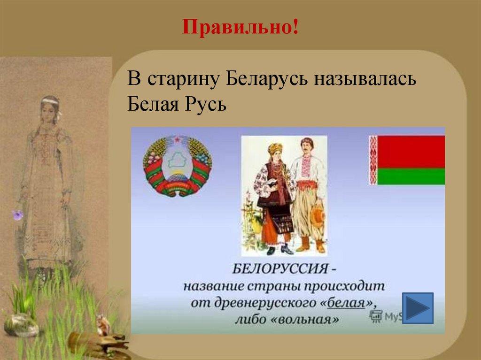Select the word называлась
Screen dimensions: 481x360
coord(365,79)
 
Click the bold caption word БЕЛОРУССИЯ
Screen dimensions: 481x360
coord(280,269)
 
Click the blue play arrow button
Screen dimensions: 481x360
coord(418,308)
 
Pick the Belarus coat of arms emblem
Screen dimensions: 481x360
coord(177,166)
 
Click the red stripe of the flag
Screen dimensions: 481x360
coord(411,152)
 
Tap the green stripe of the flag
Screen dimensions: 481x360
coord(411,176)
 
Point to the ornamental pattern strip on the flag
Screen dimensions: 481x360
coord(372,160)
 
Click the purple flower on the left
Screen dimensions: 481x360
coord(17,214)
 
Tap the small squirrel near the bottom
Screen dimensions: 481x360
coord(102,325)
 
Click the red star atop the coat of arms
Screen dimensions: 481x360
coord(177,140)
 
